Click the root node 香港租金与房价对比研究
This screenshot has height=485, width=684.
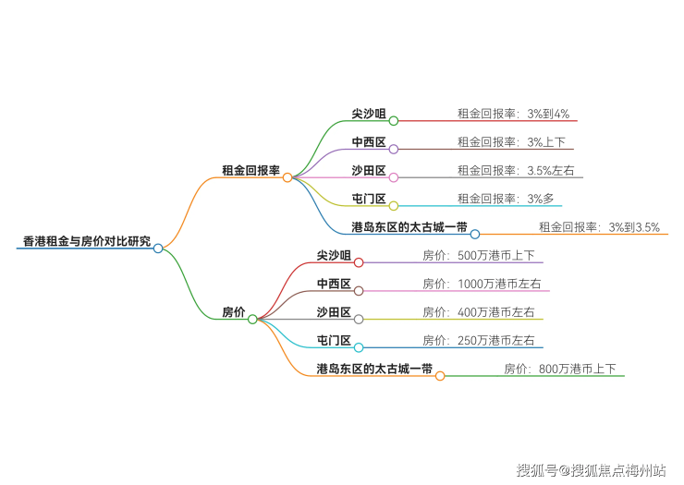click(86, 241)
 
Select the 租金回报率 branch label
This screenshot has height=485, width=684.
click(250, 170)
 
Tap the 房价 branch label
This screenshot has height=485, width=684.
click(233, 312)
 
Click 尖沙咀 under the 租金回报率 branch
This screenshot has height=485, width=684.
click(369, 114)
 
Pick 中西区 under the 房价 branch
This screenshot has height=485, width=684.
click(334, 284)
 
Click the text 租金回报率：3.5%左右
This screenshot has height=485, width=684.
click(516, 170)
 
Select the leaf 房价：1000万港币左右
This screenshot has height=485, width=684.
click(481, 284)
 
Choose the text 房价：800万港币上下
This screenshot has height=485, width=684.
click(560, 369)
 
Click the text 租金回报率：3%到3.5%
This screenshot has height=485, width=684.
click(599, 227)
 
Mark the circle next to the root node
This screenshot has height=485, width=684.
click(158, 248)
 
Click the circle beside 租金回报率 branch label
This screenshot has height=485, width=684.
click(287, 176)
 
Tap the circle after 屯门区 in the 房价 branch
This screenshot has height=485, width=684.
click(359, 347)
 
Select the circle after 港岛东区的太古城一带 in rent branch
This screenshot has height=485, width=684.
click(474, 234)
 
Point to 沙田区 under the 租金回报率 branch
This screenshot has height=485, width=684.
click(369, 170)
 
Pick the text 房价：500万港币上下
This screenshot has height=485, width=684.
click(478, 255)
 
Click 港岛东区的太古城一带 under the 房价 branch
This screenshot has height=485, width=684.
click(374, 369)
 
